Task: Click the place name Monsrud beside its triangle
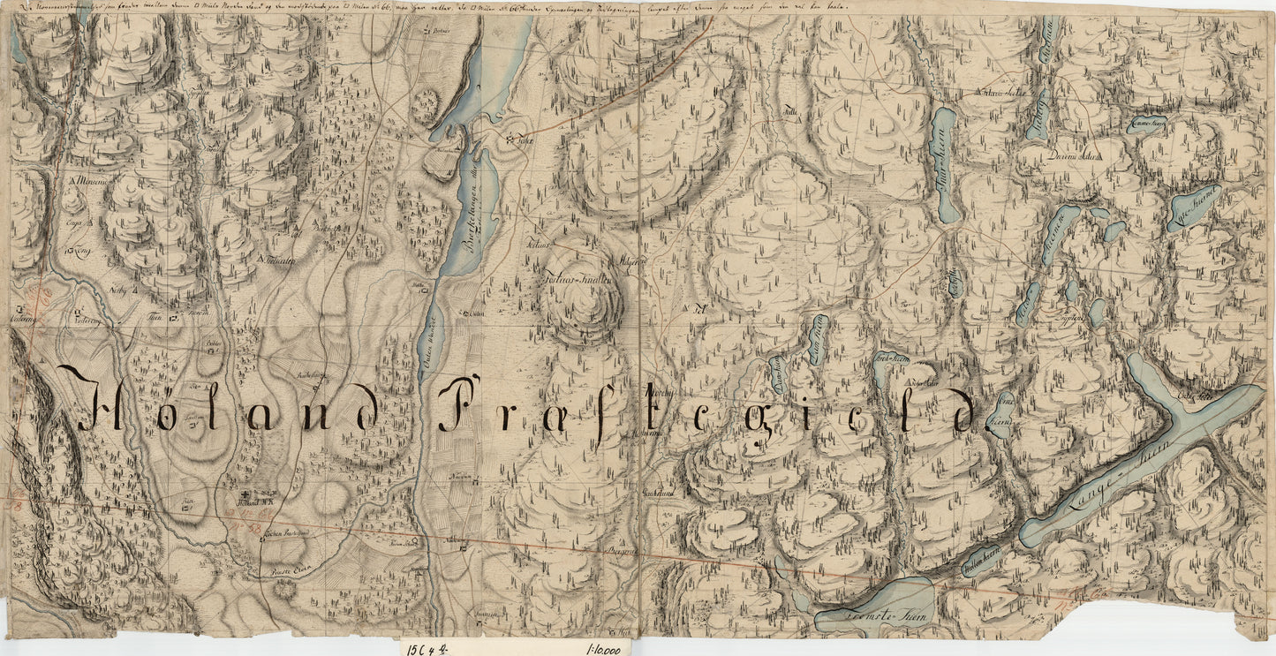point(92,181)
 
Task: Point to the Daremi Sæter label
point(1068,156)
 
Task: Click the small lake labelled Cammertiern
point(1148,126)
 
